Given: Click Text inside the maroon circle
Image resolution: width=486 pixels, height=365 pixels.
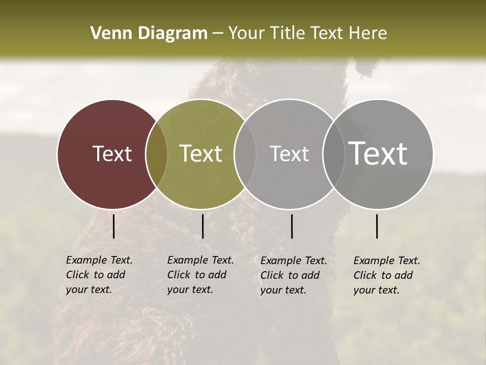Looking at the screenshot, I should pyautogui.click(x=112, y=154).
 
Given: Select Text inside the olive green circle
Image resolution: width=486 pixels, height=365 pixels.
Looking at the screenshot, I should pyautogui.click(x=201, y=154).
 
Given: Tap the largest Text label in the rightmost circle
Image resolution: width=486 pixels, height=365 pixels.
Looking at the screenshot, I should pyautogui.click(x=378, y=154).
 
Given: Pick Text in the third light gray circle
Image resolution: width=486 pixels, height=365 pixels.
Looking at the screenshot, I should pyautogui.click(x=289, y=154).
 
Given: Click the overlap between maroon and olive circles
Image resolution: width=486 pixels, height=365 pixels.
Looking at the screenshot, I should pyautogui.click(x=156, y=154).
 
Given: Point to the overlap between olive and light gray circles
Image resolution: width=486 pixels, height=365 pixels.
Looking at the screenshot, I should pyautogui.click(x=245, y=154).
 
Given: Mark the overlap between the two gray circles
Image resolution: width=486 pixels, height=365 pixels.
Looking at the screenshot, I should pyautogui.click(x=333, y=154).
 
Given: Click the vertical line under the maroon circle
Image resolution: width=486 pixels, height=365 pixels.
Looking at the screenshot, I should pyautogui.click(x=114, y=226).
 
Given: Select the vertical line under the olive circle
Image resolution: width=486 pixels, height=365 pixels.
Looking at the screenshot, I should pyautogui.click(x=202, y=226).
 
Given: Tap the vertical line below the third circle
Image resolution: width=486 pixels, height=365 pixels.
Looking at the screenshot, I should pyautogui.click(x=292, y=226).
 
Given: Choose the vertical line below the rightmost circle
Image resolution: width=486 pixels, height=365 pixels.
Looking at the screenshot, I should pyautogui.click(x=377, y=226).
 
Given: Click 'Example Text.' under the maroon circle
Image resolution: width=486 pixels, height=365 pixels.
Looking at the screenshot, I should pyautogui.click(x=99, y=260).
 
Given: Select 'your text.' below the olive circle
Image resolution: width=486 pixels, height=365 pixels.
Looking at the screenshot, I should pyautogui.click(x=190, y=290).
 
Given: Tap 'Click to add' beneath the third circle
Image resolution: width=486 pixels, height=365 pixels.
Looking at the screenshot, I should pyautogui.click(x=290, y=275).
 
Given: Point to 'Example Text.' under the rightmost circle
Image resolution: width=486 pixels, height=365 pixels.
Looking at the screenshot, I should pyautogui.click(x=387, y=261).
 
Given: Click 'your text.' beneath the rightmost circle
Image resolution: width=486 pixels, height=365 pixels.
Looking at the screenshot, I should pyautogui.click(x=376, y=290).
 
